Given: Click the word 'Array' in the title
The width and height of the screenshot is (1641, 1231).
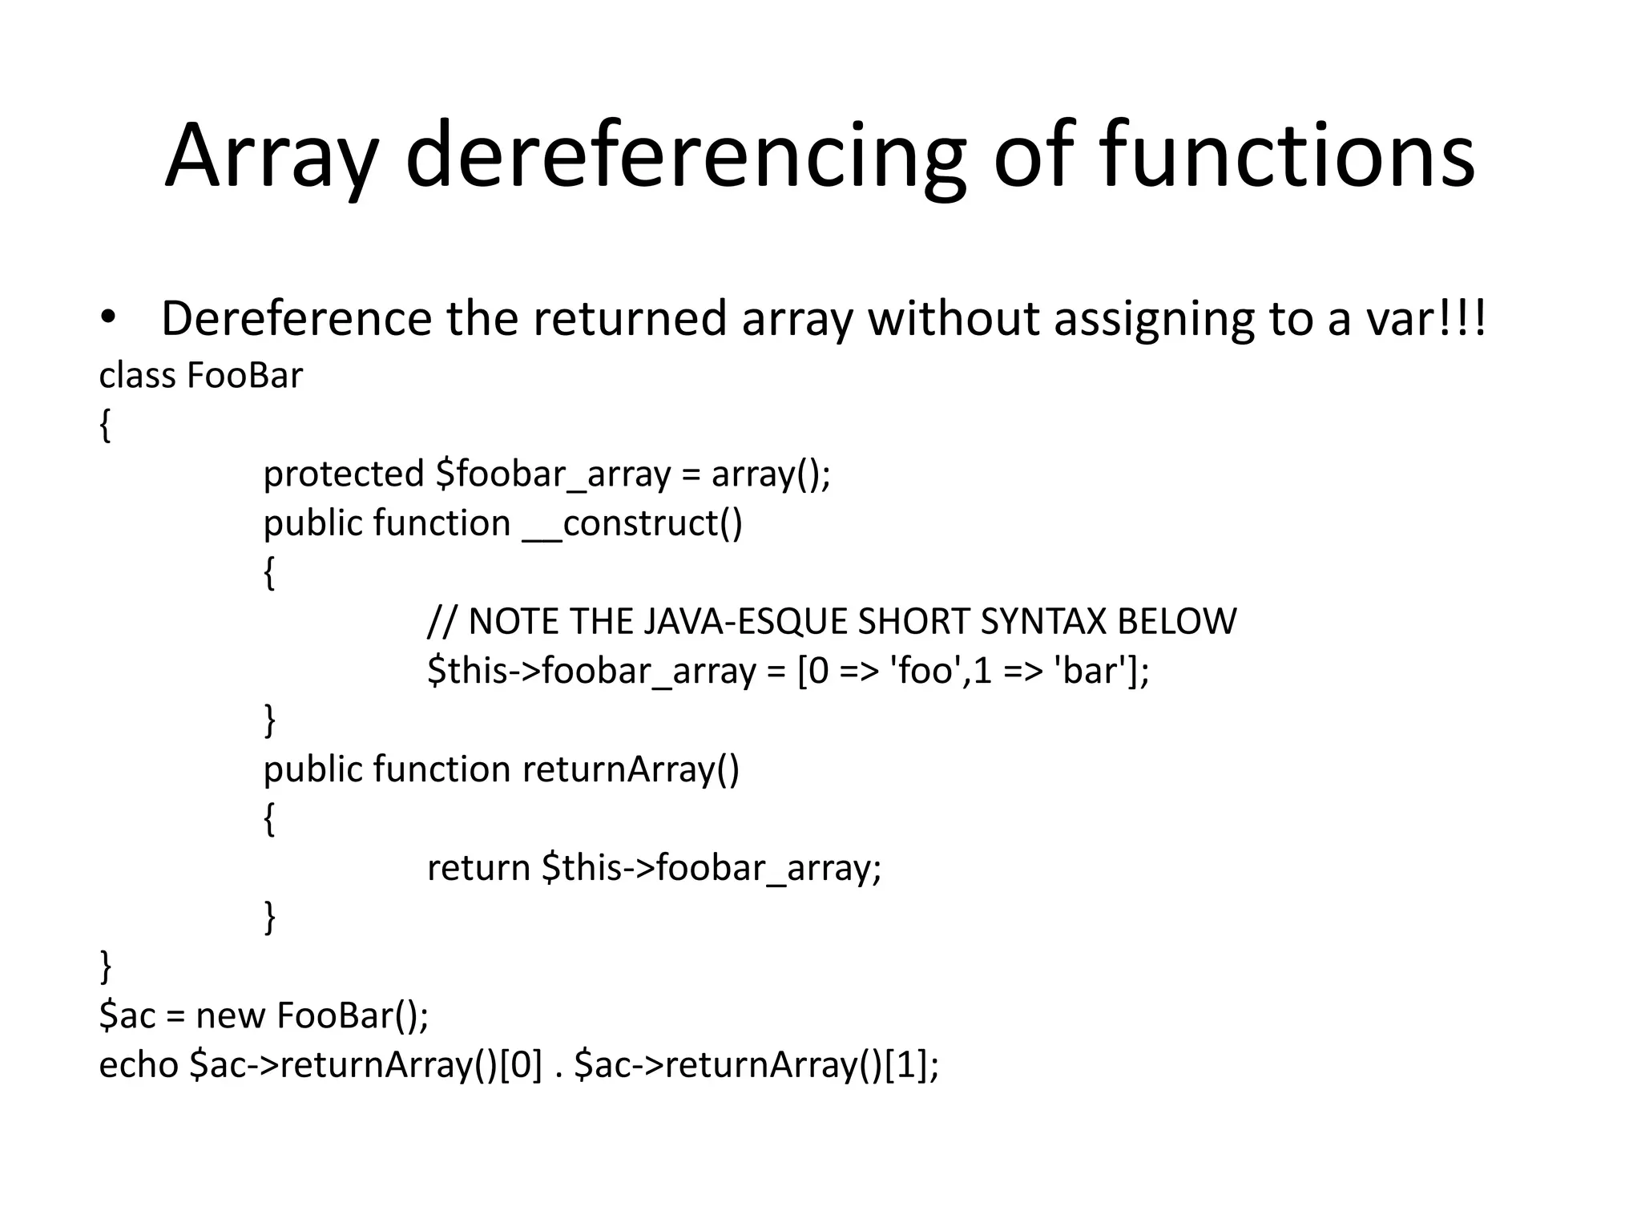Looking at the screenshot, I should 271,156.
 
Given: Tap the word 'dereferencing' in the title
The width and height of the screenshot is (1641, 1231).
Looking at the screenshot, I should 685,156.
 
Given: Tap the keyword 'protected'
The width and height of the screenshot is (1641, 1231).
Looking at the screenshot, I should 343,474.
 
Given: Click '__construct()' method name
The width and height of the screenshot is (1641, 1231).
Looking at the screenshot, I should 633,523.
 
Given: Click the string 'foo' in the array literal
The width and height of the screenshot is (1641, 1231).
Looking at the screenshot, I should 925,670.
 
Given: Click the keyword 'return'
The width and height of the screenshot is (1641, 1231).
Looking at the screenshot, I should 478,867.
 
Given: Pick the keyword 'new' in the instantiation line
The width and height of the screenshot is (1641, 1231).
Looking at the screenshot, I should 231,1015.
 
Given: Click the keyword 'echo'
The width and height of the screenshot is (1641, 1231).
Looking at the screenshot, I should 138,1064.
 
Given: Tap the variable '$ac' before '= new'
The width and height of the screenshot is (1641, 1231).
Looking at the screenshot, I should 127,1015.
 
